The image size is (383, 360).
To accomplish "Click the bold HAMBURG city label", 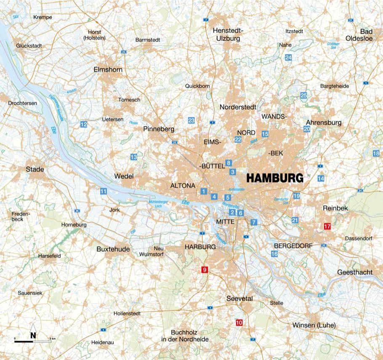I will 274,178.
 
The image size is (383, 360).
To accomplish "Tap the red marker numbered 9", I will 205,269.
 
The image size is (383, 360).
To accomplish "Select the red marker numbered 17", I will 327,227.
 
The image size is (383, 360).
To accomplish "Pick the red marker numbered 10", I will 239,323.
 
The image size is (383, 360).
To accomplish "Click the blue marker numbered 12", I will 83,124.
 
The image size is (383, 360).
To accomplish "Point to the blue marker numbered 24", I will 288,57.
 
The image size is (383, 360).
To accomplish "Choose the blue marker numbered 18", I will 376,154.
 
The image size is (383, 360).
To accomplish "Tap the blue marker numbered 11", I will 103,192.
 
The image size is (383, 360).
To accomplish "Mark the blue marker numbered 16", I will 274,254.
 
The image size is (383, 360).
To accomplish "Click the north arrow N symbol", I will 33,335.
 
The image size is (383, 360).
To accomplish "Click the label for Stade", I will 35,169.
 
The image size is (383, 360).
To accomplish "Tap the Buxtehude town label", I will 113,249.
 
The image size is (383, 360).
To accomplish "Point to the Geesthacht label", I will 354,272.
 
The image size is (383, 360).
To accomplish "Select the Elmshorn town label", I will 108,69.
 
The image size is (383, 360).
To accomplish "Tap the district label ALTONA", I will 183,185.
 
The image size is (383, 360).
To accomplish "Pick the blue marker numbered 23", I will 191,120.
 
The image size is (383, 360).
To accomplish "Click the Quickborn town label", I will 197,86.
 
